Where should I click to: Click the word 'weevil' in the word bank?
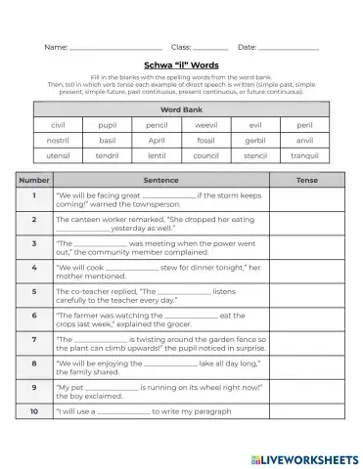[x=206, y=125]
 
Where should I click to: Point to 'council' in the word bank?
[x=206, y=154]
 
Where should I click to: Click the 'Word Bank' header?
[x=181, y=110]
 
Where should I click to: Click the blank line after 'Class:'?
[x=210, y=47]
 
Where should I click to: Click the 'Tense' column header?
[x=306, y=181]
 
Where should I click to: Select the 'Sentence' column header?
[x=160, y=181]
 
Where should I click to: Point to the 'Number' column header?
[x=35, y=181]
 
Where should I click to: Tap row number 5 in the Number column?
[x=35, y=291]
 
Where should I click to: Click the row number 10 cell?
[x=35, y=411]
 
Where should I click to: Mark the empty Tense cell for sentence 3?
[x=306, y=247]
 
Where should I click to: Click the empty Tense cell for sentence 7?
[x=306, y=343]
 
